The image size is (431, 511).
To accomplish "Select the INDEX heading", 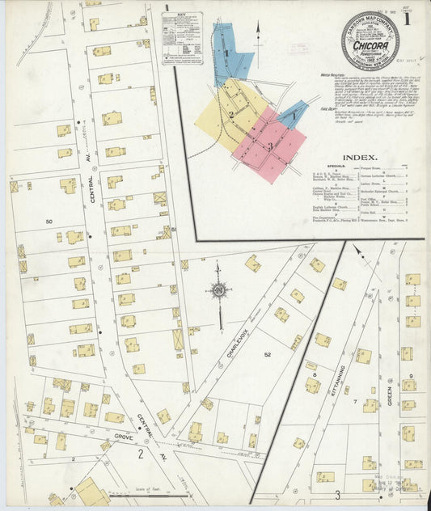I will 360,158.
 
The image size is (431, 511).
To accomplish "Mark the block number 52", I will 268,353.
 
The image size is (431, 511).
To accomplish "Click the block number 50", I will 49,221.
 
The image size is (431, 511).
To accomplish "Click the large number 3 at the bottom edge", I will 336,494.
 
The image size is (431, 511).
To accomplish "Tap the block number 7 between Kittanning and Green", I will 354,401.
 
